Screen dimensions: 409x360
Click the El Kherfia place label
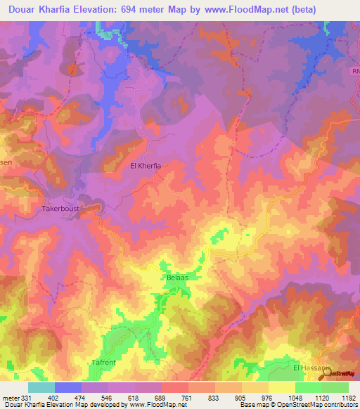pyautogui.click(x=146, y=166)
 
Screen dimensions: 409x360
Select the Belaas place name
pyautogui.click(x=176, y=278)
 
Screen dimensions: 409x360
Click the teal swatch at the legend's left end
pyautogui.click(x=41, y=387)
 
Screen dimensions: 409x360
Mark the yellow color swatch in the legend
pyautogui.click(x=281, y=387)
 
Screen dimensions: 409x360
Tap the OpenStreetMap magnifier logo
pyautogui.click(x=324, y=376)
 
